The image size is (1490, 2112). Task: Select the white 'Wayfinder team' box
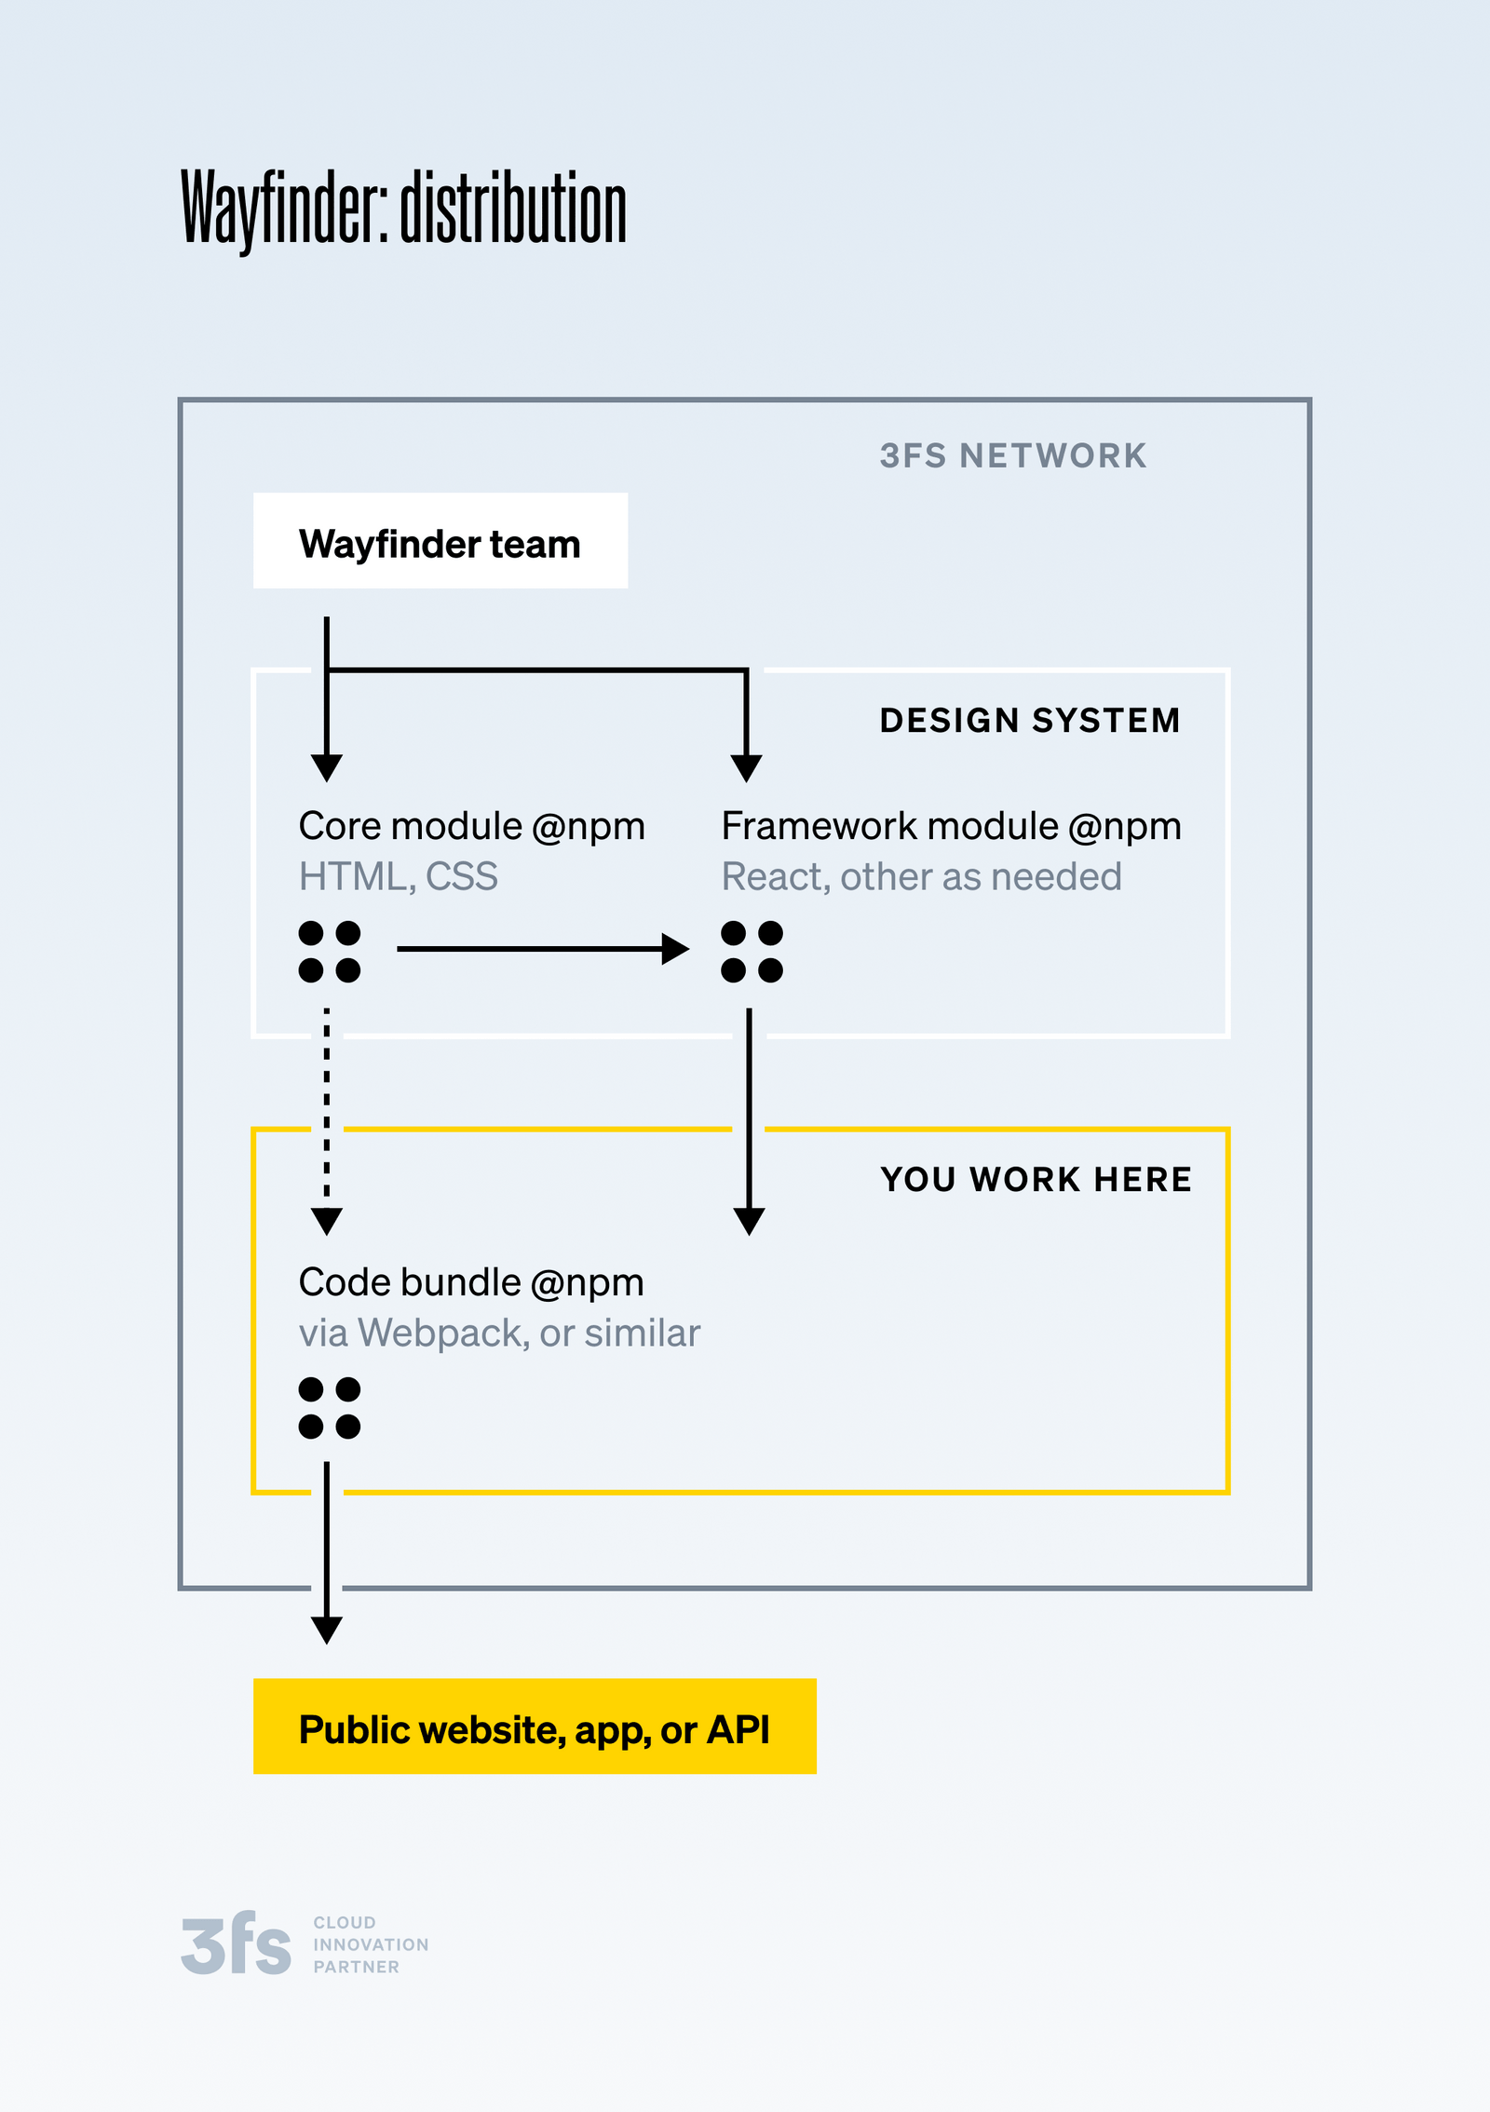pyautogui.click(x=440, y=541)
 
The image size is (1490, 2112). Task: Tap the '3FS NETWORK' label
pyautogui.click(x=1013, y=455)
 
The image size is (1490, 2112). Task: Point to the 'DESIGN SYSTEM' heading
pyautogui.click(x=1030, y=720)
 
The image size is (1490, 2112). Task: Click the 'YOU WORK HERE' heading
pyautogui.click(x=1036, y=1179)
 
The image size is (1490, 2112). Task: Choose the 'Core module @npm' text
pyautogui.click(x=471, y=826)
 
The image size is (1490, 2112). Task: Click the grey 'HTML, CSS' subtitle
pyautogui.click(x=398, y=876)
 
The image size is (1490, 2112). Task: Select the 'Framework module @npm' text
pyautogui.click(x=951, y=826)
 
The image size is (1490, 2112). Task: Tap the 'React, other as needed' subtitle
pyautogui.click(x=921, y=876)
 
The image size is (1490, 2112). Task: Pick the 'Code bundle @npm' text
pyautogui.click(x=470, y=1282)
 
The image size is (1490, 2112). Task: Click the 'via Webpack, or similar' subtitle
pyautogui.click(x=499, y=1333)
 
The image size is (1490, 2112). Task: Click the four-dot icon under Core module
pyautogui.click(x=329, y=952)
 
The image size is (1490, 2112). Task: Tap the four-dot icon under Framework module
pyautogui.click(x=752, y=952)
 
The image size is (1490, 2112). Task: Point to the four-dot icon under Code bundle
pyautogui.click(x=329, y=1408)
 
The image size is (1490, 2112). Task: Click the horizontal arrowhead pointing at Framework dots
pyautogui.click(x=675, y=949)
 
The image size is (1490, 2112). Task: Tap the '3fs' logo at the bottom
pyautogui.click(x=236, y=1944)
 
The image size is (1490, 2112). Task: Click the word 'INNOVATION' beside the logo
pyautogui.click(x=371, y=1944)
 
